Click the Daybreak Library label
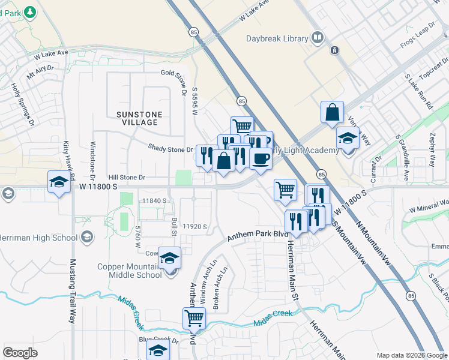(x=277, y=39)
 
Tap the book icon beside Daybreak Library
(x=317, y=38)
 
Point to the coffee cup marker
(x=261, y=158)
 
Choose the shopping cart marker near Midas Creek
(x=194, y=317)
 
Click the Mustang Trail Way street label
(x=73, y=291)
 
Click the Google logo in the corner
(x=20, y=353)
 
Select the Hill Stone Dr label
(x=127, y=178)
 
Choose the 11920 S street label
(x=195, y=227)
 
